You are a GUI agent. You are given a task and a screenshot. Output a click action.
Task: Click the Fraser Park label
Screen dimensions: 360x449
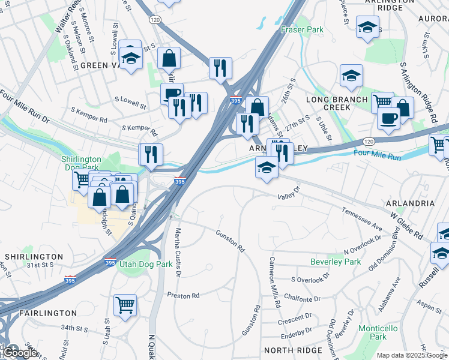303,29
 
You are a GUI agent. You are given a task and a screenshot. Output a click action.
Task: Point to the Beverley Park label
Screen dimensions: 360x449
336,262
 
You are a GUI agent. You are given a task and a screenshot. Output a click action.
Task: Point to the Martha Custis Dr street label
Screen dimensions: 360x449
178,252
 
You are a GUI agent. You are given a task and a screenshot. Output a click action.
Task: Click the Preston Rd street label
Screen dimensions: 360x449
183,296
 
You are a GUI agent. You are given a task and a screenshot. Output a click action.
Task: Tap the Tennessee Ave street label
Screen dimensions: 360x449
362,220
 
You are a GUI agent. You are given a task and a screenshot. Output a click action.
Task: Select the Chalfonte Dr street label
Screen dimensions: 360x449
305,299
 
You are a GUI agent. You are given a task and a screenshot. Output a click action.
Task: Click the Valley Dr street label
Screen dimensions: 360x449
288,196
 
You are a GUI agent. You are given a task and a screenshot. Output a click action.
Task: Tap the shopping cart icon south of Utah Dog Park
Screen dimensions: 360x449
125,304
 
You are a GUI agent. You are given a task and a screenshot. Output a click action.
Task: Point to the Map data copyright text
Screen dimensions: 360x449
412,355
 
